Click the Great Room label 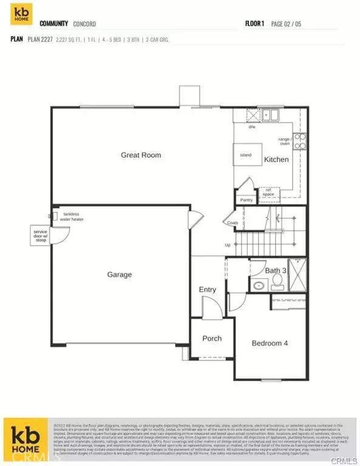pyautogui.click(x=141, y=155)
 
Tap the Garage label pyautogui.click(x=120, y=275)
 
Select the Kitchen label pyautogui.click(x=276, y=160)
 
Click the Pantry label pyautogui.click(x=246, y=200)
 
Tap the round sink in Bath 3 pyautogui.click(x=257, y=285)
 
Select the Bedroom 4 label pyautogui.click(x=270, y=343)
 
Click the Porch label pyautogui.click(x=212, y=339)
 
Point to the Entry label pyautogui.click(x=208, y=289)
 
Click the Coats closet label pyautogui.click(x=233, y=223)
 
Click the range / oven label pyautogui.click(x=285, y=141)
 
